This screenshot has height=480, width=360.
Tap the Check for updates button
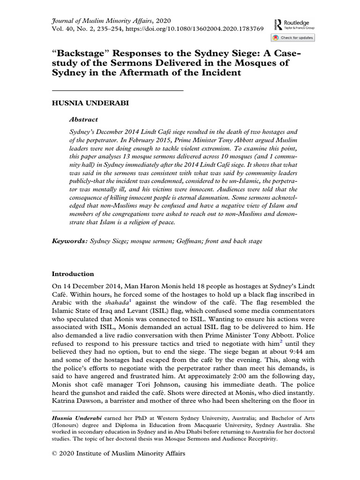[292, 37]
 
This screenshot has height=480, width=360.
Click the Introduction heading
[73, 274]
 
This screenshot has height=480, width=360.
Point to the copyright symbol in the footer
[54, 453]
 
